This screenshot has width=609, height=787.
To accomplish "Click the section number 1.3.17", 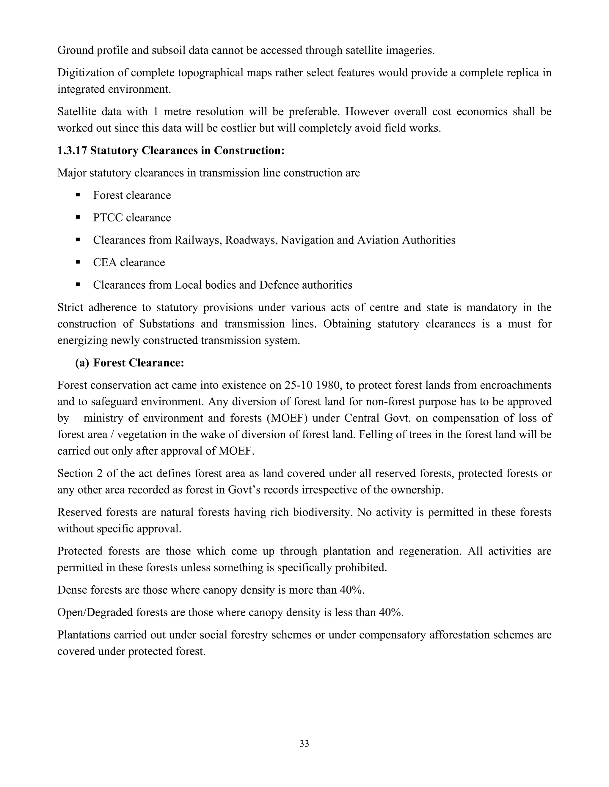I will point(72,150).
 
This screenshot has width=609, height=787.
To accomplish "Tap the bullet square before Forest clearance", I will point(78,195).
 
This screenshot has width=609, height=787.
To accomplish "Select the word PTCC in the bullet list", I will point(108,218).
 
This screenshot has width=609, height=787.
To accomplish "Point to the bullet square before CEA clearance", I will point(78,262).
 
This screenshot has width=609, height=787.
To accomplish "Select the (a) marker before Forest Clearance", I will point(82,363).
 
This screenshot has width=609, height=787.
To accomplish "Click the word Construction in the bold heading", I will point(249,150).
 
